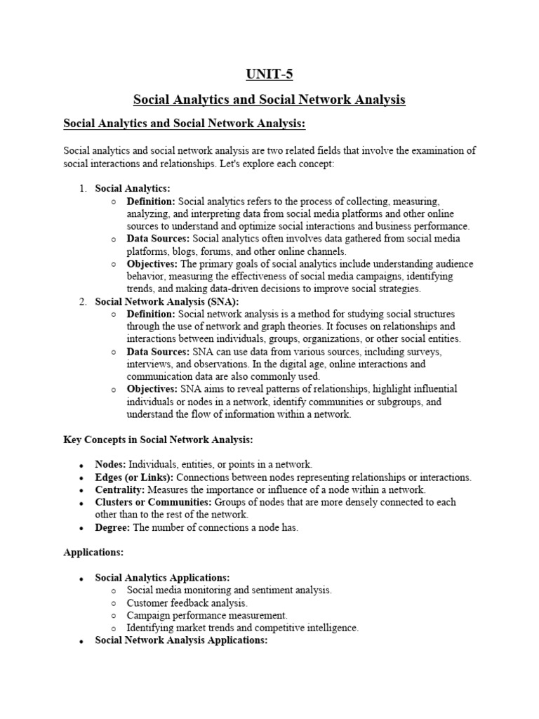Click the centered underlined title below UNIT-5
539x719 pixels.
pos(269,100)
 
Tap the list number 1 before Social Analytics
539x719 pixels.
pos(81,188)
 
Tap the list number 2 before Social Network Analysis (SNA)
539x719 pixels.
pos(81,301)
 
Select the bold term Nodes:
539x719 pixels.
pos(110,464)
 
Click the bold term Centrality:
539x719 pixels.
pos(119,489)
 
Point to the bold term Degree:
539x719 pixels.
pos(112,527)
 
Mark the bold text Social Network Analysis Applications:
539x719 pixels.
pos(181,640)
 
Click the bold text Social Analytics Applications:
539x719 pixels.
pos(162,577)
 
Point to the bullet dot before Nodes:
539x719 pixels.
pos(81,466)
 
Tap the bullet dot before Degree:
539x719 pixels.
pos(81,529)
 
